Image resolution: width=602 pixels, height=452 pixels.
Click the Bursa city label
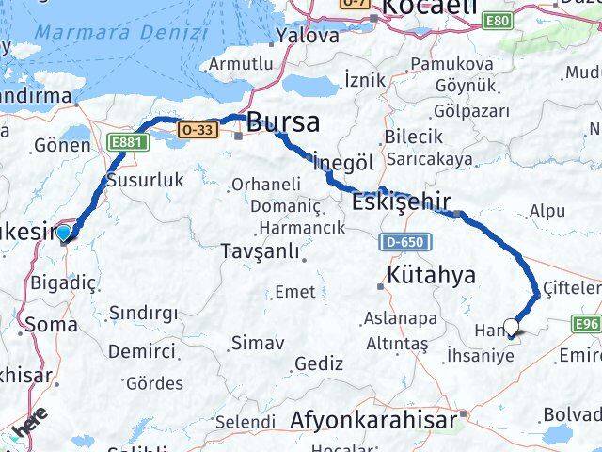[282, 122]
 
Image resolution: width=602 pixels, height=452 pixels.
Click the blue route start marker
[63, 233]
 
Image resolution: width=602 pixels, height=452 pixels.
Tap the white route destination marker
[511, 327]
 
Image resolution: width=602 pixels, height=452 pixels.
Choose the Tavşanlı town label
[259, 251]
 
